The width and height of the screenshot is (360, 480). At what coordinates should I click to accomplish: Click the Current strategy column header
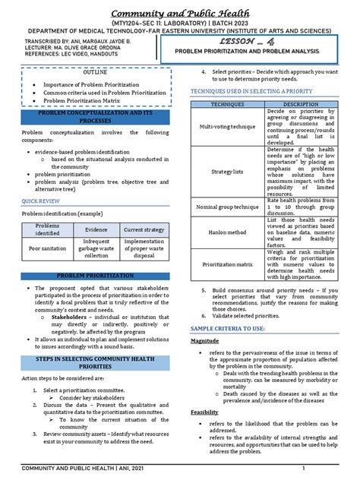pos(144,229)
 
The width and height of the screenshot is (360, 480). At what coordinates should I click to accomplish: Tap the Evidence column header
pos(96,229)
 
